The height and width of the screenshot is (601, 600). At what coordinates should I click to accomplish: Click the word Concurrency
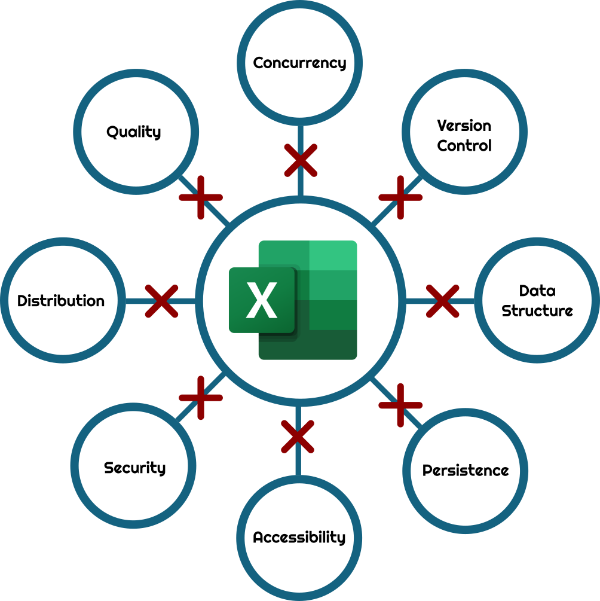click(299, 63)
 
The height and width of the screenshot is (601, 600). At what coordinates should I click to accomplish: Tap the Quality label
click(134, 132)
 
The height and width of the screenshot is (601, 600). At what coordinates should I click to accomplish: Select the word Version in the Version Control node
click(464, 126)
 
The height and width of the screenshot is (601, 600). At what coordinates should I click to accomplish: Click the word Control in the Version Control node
click(464, 145)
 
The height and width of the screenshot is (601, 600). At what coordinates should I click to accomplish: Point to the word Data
click(537, 291)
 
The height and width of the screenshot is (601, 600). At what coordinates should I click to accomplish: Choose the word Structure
click(537, 311)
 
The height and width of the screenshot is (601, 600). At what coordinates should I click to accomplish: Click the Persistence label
click(465, 471)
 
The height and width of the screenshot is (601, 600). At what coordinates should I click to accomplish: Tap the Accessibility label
click(299, 537)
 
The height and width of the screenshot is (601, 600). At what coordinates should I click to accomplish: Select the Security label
click(134, 468)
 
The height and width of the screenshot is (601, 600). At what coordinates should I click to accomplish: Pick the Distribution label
click(61, 301)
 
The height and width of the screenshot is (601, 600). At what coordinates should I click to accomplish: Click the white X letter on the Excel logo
click(262, 300)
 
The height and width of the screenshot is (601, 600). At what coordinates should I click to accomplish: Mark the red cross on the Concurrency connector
click(300, 160)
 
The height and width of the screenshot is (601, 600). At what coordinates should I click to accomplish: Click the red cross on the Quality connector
click(201, 197)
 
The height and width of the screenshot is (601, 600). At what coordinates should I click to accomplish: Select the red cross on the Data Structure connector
click(442, 301)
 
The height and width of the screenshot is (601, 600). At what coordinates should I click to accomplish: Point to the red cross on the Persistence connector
click(400, 405)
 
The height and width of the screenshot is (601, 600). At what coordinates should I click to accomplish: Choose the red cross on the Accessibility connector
click(298, 436)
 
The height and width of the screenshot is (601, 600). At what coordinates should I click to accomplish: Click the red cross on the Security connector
click(201, 398)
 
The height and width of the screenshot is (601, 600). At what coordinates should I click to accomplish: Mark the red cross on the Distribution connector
click(161, 301)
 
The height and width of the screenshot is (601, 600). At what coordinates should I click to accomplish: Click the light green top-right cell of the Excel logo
click(333, 255)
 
